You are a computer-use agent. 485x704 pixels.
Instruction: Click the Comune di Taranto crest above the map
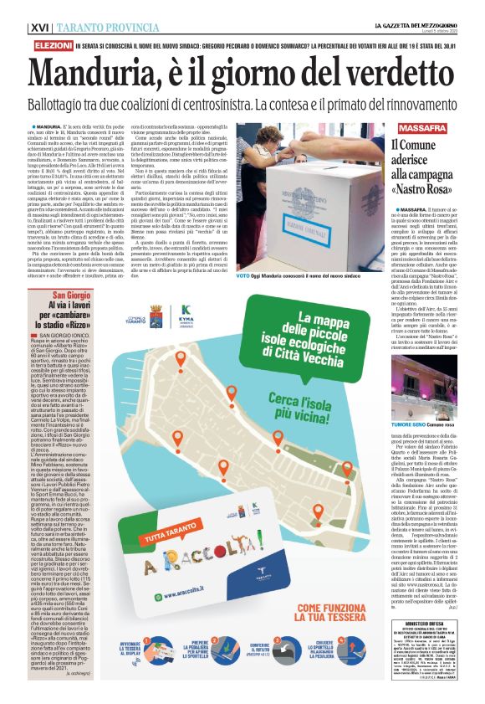pyautogui.click(x=156, y=316)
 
